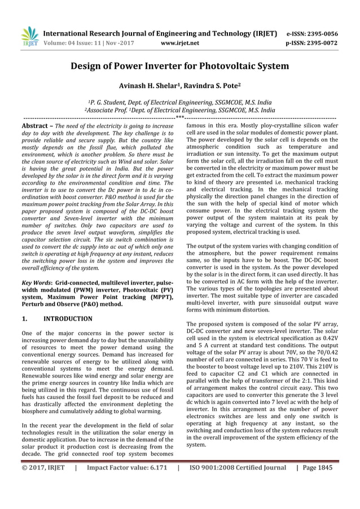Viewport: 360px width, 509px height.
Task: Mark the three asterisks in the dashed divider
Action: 180,117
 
